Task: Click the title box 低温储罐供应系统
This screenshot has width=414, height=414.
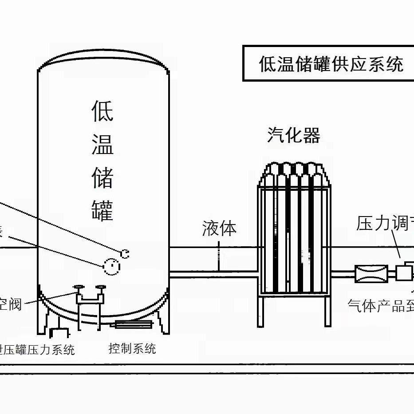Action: (x=331, y=63)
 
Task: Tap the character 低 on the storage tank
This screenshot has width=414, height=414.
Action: (x=103, y=111)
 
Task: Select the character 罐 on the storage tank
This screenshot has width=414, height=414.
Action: (x=103, y=210)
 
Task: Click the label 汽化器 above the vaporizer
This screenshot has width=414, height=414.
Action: (x=294, y=135)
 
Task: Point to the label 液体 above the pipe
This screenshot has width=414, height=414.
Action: (x=219, y=228)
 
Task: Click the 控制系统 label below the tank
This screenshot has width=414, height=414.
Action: (x=132, y=348)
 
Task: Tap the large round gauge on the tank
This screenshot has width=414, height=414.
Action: (x=111, y=266)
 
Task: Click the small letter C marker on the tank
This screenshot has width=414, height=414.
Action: (x=125, y=253)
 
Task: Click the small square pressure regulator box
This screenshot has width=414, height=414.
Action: (x=403, y=272)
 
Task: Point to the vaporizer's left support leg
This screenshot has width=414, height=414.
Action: (x=261, y=311)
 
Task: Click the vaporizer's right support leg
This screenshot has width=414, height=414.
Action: (x=327, y=311)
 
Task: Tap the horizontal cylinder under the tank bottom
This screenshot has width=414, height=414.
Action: (x=134, y=324)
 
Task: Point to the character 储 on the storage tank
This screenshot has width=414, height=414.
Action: (x=103, y=177)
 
